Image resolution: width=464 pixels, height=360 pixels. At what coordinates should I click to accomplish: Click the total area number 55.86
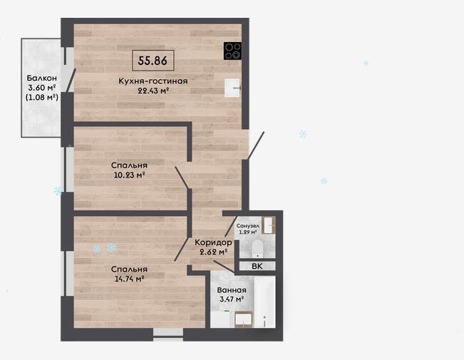[x=153, y=61]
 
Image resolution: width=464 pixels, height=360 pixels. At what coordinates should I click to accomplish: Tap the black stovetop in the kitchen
[x=232, y=51]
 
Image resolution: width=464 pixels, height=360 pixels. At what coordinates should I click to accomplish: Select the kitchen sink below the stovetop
[x=232, y=88]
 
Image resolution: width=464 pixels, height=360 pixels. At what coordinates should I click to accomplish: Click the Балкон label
[x=42, y=78]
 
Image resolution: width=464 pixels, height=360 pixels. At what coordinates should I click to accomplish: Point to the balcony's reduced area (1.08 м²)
[x=42, y=97]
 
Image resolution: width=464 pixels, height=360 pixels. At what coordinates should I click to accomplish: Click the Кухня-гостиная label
[x=153, y=81]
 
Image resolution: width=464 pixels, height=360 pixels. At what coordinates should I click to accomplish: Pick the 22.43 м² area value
[x=153, y=91]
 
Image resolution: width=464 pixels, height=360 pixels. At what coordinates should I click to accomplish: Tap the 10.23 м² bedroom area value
[x=129, y=175]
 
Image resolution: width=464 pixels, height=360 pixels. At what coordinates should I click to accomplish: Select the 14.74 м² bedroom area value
[x=129, y=279]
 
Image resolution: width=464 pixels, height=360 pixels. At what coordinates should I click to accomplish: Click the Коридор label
[x=213, y=242]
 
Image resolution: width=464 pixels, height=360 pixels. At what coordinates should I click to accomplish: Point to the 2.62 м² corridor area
[x=214, y=252]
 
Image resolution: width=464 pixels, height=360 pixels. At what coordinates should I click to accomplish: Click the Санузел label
[x=248, y=226]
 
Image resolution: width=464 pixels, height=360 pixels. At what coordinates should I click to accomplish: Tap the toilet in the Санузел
[x=257, y=248]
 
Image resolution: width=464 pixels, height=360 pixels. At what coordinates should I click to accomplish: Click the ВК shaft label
[x=257, y=266]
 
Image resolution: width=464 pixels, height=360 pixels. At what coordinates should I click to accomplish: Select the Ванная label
[x=232, y=290]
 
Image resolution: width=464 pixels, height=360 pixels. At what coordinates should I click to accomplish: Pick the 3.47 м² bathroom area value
[x=232, y=299]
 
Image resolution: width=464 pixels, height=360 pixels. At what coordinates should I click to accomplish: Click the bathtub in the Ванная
[x=264, y=302]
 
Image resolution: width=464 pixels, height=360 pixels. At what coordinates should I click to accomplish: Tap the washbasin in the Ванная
[x=244, y=320]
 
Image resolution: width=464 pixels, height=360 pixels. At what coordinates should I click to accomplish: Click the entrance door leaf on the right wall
[x=256, y=145]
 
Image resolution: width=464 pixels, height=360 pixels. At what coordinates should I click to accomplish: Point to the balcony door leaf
[x=71, y=81]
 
